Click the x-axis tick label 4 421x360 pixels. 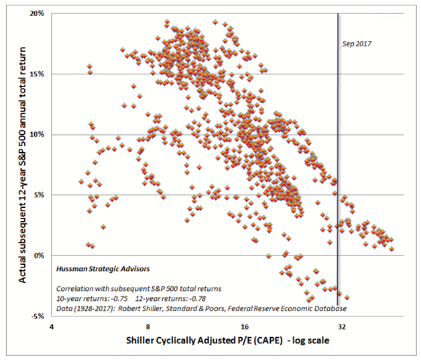[x=51, y=328]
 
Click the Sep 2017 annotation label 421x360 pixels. [x=356, y=44]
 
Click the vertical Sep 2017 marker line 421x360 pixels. [x=337, y=168]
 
